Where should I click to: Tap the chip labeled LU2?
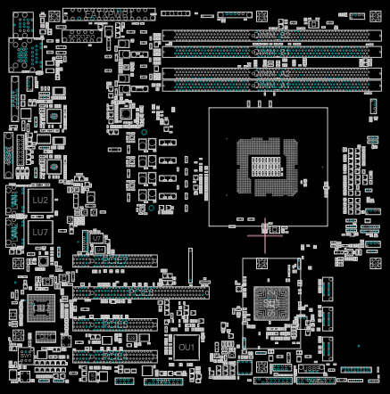pyautogui.click(x=40, y=201)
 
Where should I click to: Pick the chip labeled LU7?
pyautogui.click(x=40, y=232)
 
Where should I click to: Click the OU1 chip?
pyautogui.click(x=187, y=346)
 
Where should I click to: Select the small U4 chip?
pyautogui.click(x=54, y=116)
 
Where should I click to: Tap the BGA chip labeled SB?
pyautogui.click(x=269, y=304)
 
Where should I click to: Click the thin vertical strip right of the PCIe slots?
pyautogui.click(x=189, y=265)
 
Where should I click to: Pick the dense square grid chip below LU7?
pyautogui.click(x=39, y=308)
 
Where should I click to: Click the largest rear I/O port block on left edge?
pyautogui.click(x=23, y=56)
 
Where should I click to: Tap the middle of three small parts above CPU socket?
pyautogui.click(x=261, y=103)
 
